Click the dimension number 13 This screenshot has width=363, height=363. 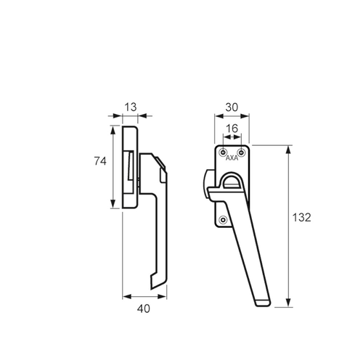(131, 107)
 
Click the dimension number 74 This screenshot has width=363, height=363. (100, 161)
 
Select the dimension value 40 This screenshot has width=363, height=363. (144, 309)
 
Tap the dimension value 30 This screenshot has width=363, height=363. (232, 107)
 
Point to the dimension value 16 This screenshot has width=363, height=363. (232, 129)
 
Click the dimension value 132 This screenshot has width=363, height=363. (301, 218)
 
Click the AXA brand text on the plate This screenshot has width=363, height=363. (232, 158)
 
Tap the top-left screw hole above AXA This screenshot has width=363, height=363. (223, 152)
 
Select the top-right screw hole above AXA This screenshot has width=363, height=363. (241, 152)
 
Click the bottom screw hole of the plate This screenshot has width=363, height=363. (223, 220)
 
